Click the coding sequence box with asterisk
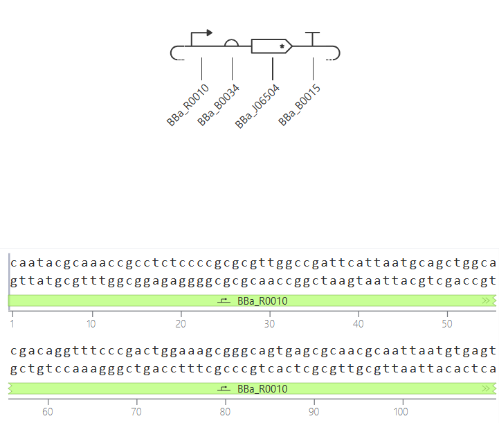click(x=271, y=46)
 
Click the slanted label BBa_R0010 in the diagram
click(x=188, y=105)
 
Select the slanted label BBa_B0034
click(x=218, y=105)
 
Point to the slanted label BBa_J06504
click(x=257, y=107)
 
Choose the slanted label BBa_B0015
click(x=299, y=105)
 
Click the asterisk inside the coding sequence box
click(x=282, y=46)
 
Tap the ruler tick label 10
click(x=91, y=324)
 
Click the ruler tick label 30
click(x=269, y=324)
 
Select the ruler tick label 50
click(x=447, y=324)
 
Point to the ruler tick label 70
click(x=136, y=412)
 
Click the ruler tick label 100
click(x=401, y=412)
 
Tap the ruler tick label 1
click(x=12, y=324)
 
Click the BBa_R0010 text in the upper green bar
click(x=262, y=301)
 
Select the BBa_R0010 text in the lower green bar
click(x=262, y=389)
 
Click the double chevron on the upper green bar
click(x=486, y=300)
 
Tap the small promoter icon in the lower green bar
click(x=224, y=388)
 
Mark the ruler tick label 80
click(x=225, y=412)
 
